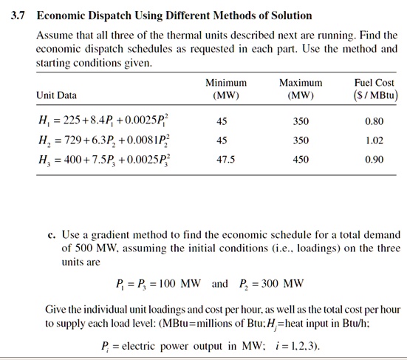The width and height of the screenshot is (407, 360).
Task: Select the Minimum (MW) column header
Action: tap(225, 89)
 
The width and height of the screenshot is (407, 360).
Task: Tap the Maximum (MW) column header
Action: tap(301, 89)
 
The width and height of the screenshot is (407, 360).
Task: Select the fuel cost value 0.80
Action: tap(374, 120)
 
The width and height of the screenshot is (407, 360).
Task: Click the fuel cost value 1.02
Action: tap(374, 139)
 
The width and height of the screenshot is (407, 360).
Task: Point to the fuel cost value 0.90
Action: tap(374, 158)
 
